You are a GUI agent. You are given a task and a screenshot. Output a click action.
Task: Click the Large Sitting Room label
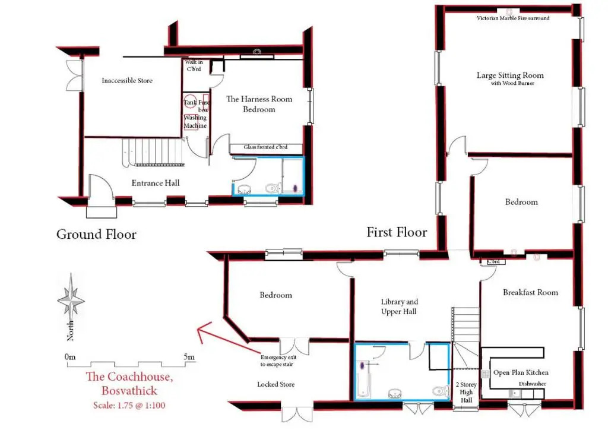pyautogui.click(x=510, y=75)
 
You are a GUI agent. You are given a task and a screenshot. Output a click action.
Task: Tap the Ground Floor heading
pyautogui.click(x=96, y=234)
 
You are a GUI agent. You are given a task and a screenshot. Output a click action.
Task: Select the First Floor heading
pyautogui.click(x=397, y=232)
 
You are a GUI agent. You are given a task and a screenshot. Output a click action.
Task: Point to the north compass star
pyautogui.click(x=71, y=301)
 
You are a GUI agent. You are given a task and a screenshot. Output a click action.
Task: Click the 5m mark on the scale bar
pyautogui.click(x=189, y=357)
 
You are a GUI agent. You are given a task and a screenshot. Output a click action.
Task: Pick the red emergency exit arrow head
pyautogui.click(x=202, y=331)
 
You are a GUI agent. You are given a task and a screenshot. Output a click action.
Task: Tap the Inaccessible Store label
pyautogui.click(x=127, y=81)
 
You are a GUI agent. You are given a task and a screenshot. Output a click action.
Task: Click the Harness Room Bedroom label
pyautogui.click(x=259, y=104)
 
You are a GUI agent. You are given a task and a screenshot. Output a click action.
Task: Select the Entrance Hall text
pyautogui.click(x=156, y=183)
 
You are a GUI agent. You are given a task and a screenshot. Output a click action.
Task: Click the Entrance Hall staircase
pyautogui.click(x=153, y=152)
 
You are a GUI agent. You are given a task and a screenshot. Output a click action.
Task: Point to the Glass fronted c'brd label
pyautogui.click(x=265, y=147)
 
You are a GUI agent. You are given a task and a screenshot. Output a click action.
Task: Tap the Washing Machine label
pyautogui.click(x=195, y=121)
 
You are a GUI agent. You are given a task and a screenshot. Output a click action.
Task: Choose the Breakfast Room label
pyautogui.click(x=530, y=292)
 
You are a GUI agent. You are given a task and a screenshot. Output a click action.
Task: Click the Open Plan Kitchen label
pyautogui.click(x=521, y=372)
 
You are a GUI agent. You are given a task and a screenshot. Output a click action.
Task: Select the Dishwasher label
pyautogui.click(x=533, y=384)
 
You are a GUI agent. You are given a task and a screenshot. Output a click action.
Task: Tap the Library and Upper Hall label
pyautogui.click(x=399, y=306)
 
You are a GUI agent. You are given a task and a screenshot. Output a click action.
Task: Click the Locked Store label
pyautogui.click(x=275, y=384)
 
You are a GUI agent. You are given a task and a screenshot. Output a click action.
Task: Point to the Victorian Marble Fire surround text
pyautogui.click(x=513, y=18)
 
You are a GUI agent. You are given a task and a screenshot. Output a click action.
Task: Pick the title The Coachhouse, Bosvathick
pyautogui.click(x=129, y=383)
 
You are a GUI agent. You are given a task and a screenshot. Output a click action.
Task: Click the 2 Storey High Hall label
pyautogui.click(x=466, y=392)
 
